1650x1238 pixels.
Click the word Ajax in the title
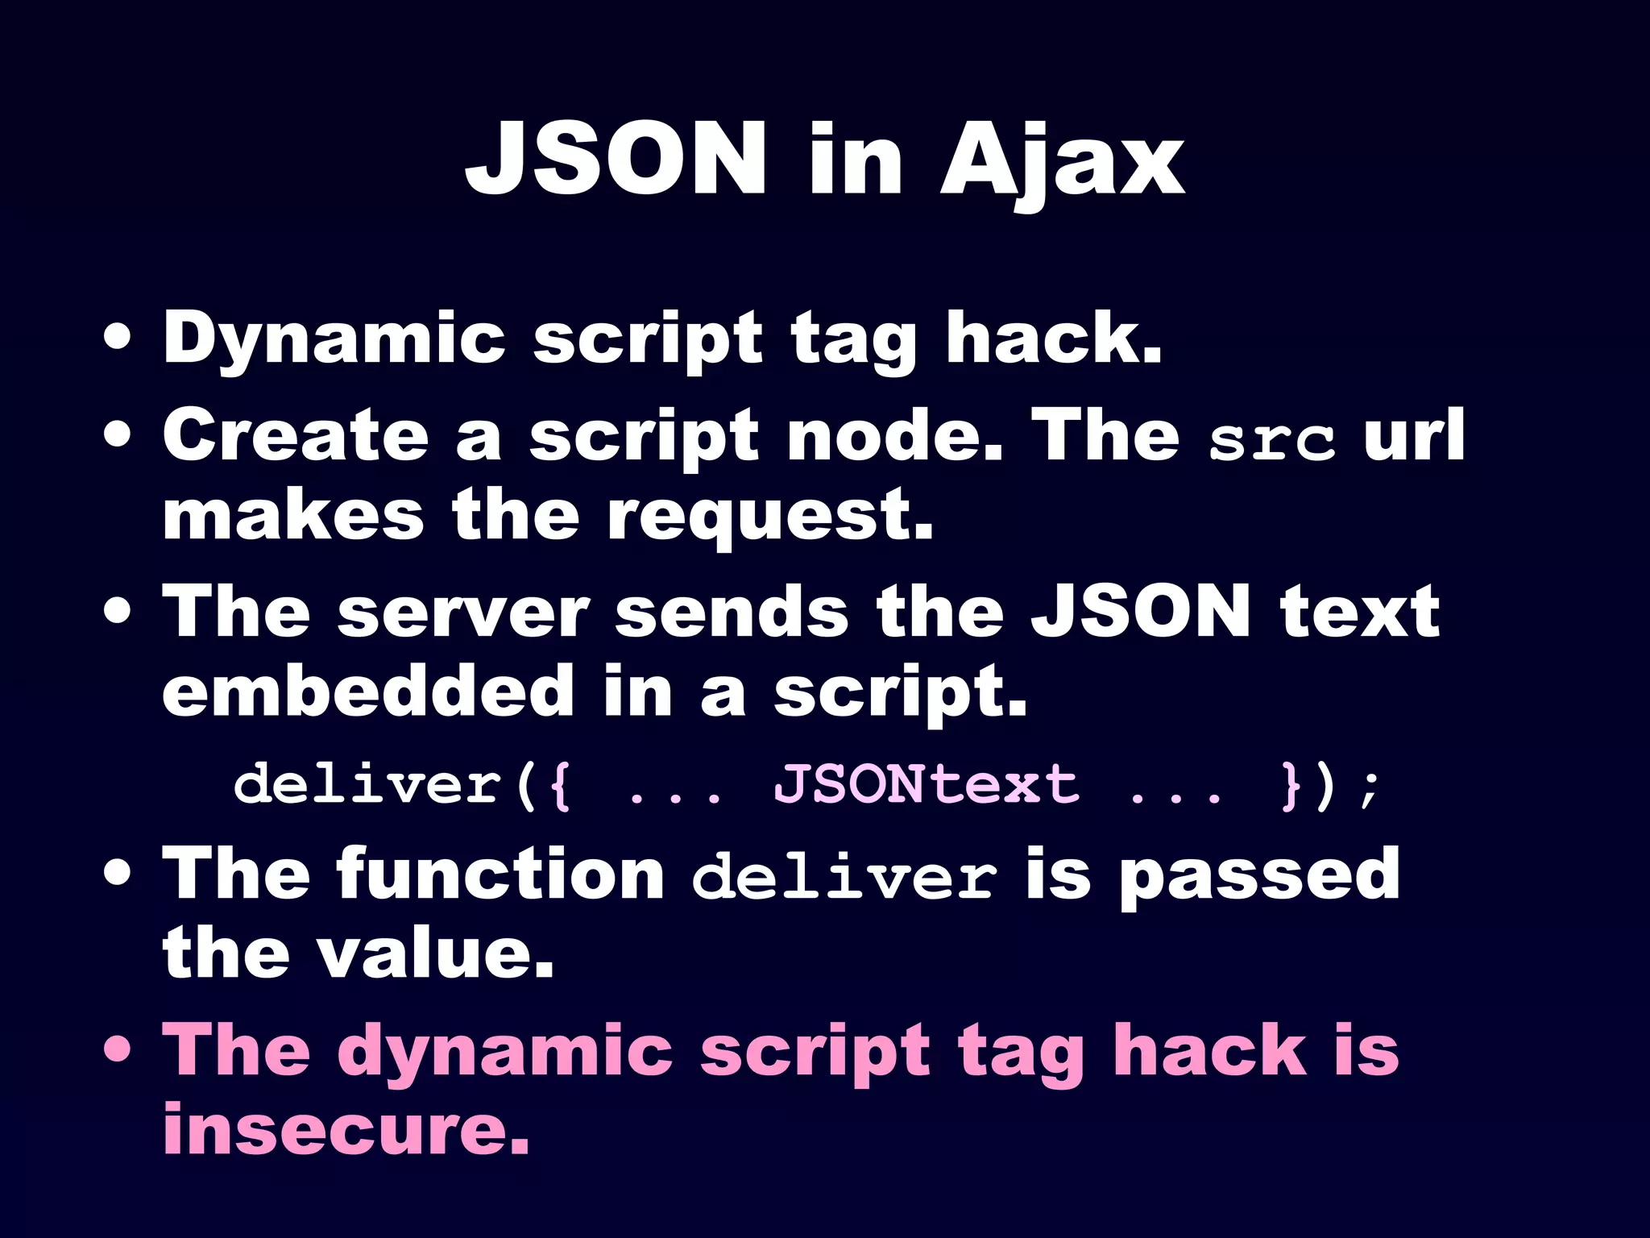click(x=1062, y=161)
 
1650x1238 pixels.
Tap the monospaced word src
click(x=1271, y=440)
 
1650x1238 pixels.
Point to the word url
click(x=1414, y=435)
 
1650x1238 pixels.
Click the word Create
click(x=295, y=435)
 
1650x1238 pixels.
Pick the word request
click(x=769, y=517)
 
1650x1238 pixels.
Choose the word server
click(x=464, y=613)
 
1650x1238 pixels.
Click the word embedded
click(x=367, y=692)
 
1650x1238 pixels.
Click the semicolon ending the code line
click(x=1368, y=788)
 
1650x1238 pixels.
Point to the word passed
click(x=1260, y=875)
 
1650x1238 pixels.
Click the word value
click(x=435, y=954)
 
